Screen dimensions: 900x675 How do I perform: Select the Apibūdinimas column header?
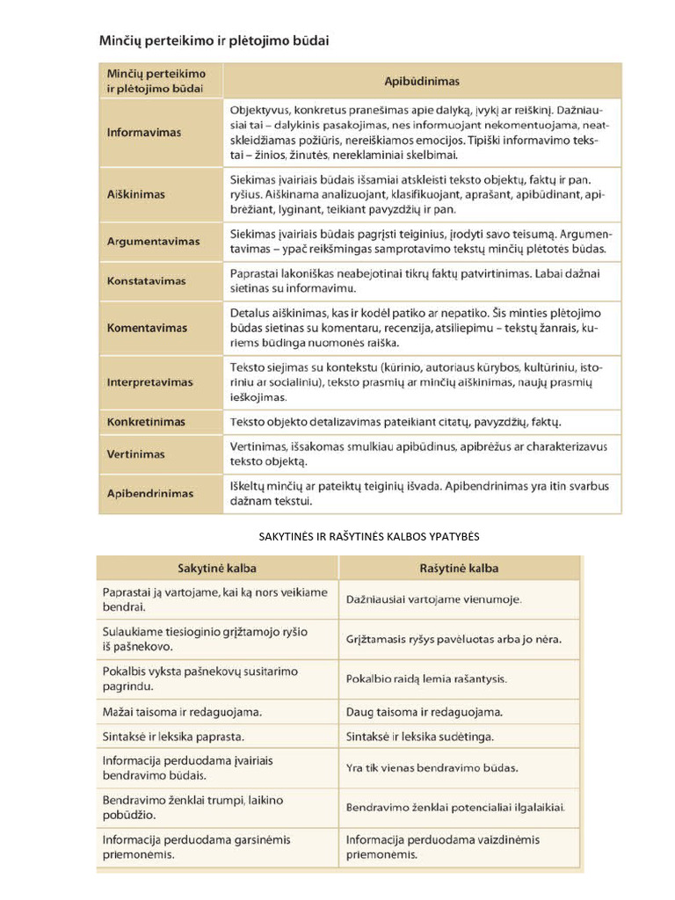click(422, 81)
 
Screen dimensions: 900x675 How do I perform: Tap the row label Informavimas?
click(144, 133)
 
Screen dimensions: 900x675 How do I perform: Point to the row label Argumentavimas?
click(153, 241)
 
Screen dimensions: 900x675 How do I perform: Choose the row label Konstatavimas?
click(147, 281)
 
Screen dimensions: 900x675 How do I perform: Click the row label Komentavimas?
click(147, 328)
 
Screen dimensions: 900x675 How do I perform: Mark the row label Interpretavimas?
click(150, 382)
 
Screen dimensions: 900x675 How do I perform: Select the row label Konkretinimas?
click(146, 422)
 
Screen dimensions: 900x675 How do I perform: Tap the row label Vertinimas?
click(135, 454)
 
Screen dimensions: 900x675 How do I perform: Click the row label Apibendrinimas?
click(150, 493)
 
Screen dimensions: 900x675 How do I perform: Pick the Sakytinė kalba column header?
click(217, 569)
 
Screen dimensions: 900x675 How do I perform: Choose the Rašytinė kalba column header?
click(459, 569)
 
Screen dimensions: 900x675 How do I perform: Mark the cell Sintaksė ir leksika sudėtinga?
click(420, 736)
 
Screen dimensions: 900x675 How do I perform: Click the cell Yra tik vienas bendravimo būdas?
click(432, 767)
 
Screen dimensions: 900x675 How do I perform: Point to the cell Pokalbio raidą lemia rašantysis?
click(426, 679)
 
